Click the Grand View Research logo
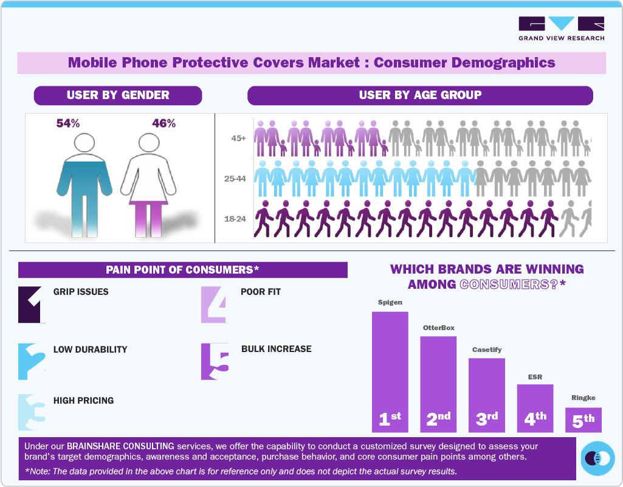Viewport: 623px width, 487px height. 561,29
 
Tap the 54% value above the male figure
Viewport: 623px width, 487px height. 68,123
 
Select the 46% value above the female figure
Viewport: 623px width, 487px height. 163,123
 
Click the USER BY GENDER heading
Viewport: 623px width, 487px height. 118,95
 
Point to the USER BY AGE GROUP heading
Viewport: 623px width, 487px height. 420,95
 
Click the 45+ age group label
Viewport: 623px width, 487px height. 238,139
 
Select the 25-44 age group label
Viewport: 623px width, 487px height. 235,179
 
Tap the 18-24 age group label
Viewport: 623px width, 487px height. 235,218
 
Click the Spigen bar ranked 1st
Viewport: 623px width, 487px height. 390,371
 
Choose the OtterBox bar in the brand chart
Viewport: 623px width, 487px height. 438,383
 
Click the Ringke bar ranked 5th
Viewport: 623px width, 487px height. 583,420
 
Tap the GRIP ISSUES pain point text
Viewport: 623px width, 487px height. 81,292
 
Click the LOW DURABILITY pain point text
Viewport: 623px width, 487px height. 90,350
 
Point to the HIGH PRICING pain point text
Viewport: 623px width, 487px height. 83,401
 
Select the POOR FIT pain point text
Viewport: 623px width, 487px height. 261,292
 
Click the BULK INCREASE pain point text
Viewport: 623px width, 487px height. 276,349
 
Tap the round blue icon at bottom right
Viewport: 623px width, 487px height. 597,458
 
